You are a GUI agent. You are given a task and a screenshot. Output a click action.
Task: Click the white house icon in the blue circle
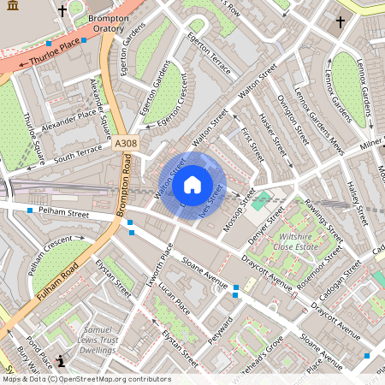(192, 185)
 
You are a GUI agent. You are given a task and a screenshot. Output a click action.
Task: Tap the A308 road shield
(126, 145)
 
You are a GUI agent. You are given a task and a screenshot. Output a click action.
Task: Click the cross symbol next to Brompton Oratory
(62, 12)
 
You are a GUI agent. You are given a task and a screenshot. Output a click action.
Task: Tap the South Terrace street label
(78, 155)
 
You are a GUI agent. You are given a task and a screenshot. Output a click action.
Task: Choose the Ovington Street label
(292, 119)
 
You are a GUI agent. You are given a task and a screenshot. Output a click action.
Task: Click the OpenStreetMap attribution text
(86, 379)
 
